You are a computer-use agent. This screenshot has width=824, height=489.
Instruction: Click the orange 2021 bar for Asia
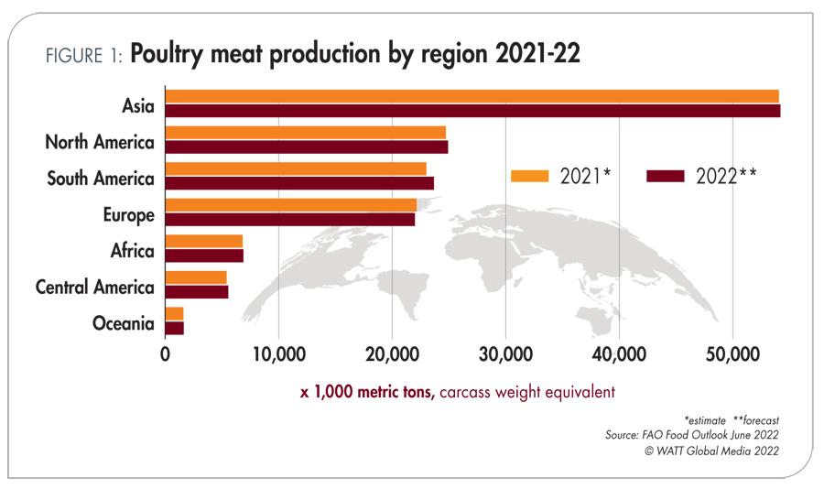click(x=472, y=96)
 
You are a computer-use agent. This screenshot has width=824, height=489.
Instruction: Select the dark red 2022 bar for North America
click(x=306, y=147)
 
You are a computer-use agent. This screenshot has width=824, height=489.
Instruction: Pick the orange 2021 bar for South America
click(x=296, y=168)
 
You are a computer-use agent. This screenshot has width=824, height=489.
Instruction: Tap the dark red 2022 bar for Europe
click(x=289, y=219)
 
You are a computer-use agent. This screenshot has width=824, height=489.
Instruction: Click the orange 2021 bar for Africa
click(x=203, y=241)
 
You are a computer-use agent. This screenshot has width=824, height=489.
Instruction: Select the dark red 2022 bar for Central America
click(x=196, y=291)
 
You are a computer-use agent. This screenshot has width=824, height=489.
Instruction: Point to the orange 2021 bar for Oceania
click(x=174, y=313)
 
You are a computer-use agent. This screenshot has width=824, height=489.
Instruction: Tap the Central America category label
click(x=94, y=288)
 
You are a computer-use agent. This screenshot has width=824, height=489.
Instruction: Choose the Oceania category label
click(x=123, y=323)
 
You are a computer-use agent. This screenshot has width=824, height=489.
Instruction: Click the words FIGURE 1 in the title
click(x=83, y=55)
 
